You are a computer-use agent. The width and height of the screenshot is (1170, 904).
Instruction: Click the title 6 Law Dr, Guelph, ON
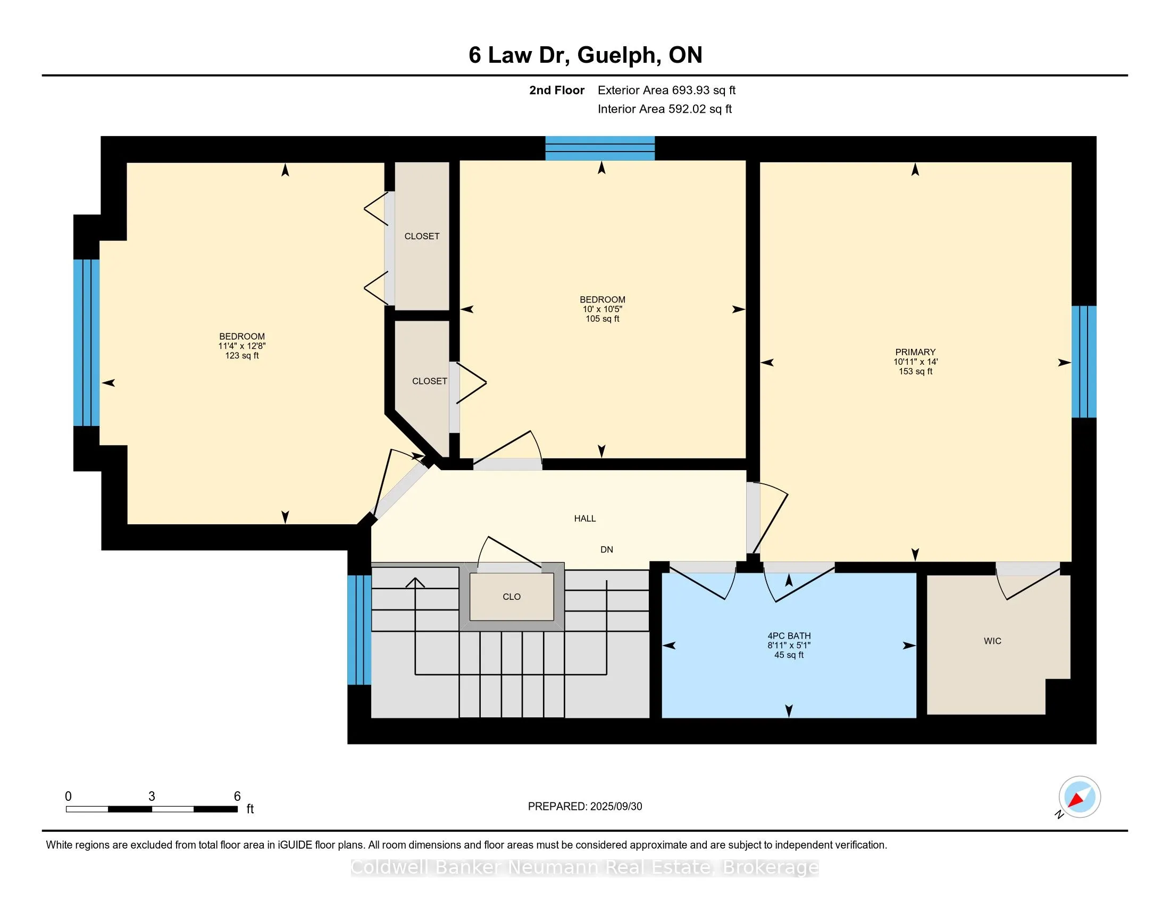pyautogui.click(x=585, y=55)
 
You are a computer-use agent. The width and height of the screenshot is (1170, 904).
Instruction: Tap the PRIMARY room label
pyautogui.click(x=915, y=352)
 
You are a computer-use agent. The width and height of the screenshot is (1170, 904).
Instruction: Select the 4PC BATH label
pyautogui.click(x=789, y=635)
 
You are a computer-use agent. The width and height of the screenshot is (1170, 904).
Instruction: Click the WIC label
pyautogui.click(x=992, y=641)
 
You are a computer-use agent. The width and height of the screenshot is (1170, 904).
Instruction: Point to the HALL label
pyautogui.click(x=585, y=518)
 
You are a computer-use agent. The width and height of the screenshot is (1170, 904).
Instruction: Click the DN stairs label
pyautogui.click(x=606, y=549)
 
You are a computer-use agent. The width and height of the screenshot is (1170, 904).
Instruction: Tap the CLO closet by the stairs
pyautogui.click(x=512, y=597)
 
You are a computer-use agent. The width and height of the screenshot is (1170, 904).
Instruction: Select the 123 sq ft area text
pyautogui.click(x=242, y=356)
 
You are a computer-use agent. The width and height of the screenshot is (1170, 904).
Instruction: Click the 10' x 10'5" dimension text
pyautogui.click(x=602, y=309)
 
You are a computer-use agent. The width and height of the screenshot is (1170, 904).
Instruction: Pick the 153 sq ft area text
pyautogui.click(x=916, y=371)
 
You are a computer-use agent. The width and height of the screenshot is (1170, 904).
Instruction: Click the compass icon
pyautogui.click(x=1079, y=797)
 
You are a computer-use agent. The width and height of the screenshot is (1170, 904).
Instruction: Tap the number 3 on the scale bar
pyautogui.click(x=152, y=797)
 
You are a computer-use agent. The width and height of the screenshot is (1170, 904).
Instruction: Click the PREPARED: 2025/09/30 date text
pyautogui.click(x=585, y=807)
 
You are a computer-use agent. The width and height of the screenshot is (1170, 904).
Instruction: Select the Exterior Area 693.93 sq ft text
pyautogui.click(x=666, y=90)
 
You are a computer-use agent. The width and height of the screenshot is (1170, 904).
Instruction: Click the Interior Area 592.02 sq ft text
pyautogui.click(x=664, y=109)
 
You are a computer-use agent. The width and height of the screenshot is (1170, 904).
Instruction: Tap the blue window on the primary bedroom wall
pyautogui.click(x=1084, y=362)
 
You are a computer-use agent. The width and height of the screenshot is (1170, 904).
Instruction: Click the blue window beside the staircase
pyautogui.click(x=359, y=630)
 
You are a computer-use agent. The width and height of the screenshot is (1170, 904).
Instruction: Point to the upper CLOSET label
pyautogui.click(x=422, y=236)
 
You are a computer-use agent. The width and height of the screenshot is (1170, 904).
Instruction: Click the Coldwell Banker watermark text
pyautogui.click(x=585, y=867)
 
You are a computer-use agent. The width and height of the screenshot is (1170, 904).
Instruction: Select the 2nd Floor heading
pyautogui.click(x=557, y=90)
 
